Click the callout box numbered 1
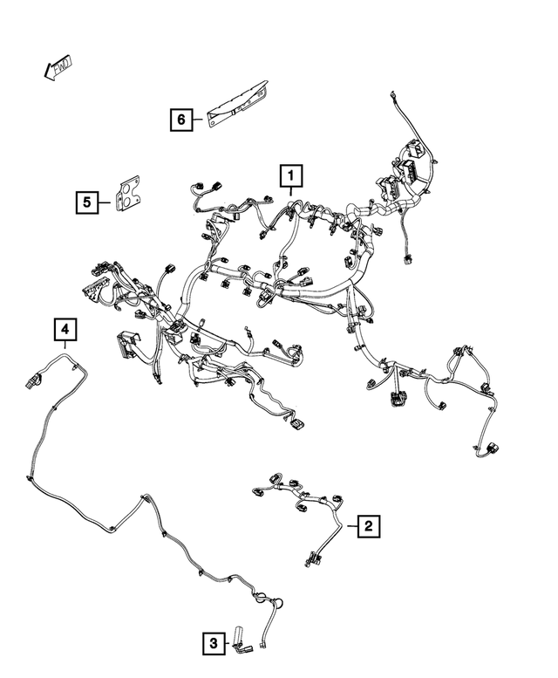tap(291, 175)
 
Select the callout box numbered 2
tap(369, 526)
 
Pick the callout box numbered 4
tap(65, 330)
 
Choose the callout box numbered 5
tap(87, 202)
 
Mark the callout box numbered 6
tap(181, 120)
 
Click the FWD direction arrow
tap(58, 67)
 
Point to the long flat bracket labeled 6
tap(237, 104)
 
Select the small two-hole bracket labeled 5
tap(129, 194)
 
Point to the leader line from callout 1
tap(290, 192)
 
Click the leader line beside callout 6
tap(197, 120)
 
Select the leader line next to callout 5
tap(104, 202)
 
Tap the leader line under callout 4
tap(65, 345)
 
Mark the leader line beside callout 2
tap(352, 526)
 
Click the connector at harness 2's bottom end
tap(312, 558)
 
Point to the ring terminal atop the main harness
tap(393, 93)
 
